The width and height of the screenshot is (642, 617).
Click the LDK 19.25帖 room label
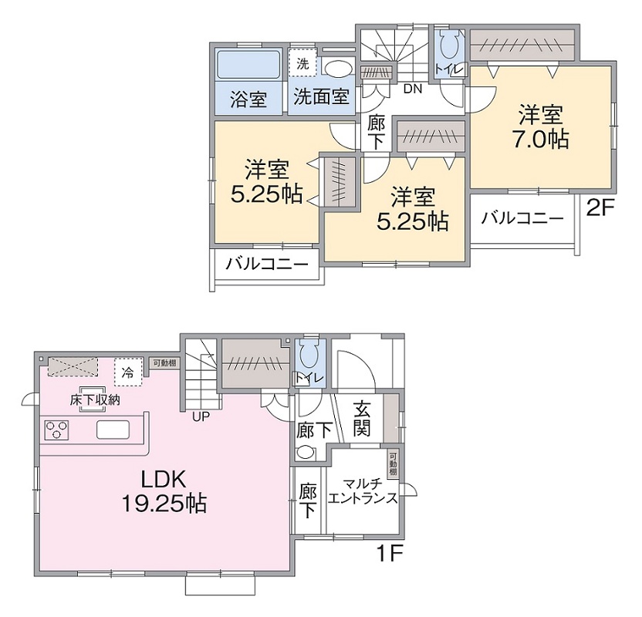tap(164, 491)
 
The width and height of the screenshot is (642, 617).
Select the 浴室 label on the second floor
tap(248, 99)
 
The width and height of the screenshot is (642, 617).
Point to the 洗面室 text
tap(322, 96)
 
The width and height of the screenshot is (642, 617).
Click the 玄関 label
tap(362, 420)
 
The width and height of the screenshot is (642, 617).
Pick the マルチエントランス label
tap(363, 491)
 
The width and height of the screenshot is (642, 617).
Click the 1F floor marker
tap(390, 554)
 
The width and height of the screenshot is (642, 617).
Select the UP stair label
tap(201, 416)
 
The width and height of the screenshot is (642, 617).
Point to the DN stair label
tap(412, 89)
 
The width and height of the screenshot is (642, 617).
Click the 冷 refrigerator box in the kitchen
tap(128, 372)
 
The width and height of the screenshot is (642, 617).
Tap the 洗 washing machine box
tap(302, 62)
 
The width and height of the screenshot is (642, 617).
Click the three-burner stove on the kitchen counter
tap(56, 430)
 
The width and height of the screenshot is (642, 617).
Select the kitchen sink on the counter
tap(113, 430)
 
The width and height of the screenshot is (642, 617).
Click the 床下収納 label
tap(95, 400)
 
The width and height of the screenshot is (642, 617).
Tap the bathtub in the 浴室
tap(248, 64)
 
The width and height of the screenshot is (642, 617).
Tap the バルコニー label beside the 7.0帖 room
tap(522, 218)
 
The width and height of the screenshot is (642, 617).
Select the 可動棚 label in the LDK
tap(165, 362)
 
